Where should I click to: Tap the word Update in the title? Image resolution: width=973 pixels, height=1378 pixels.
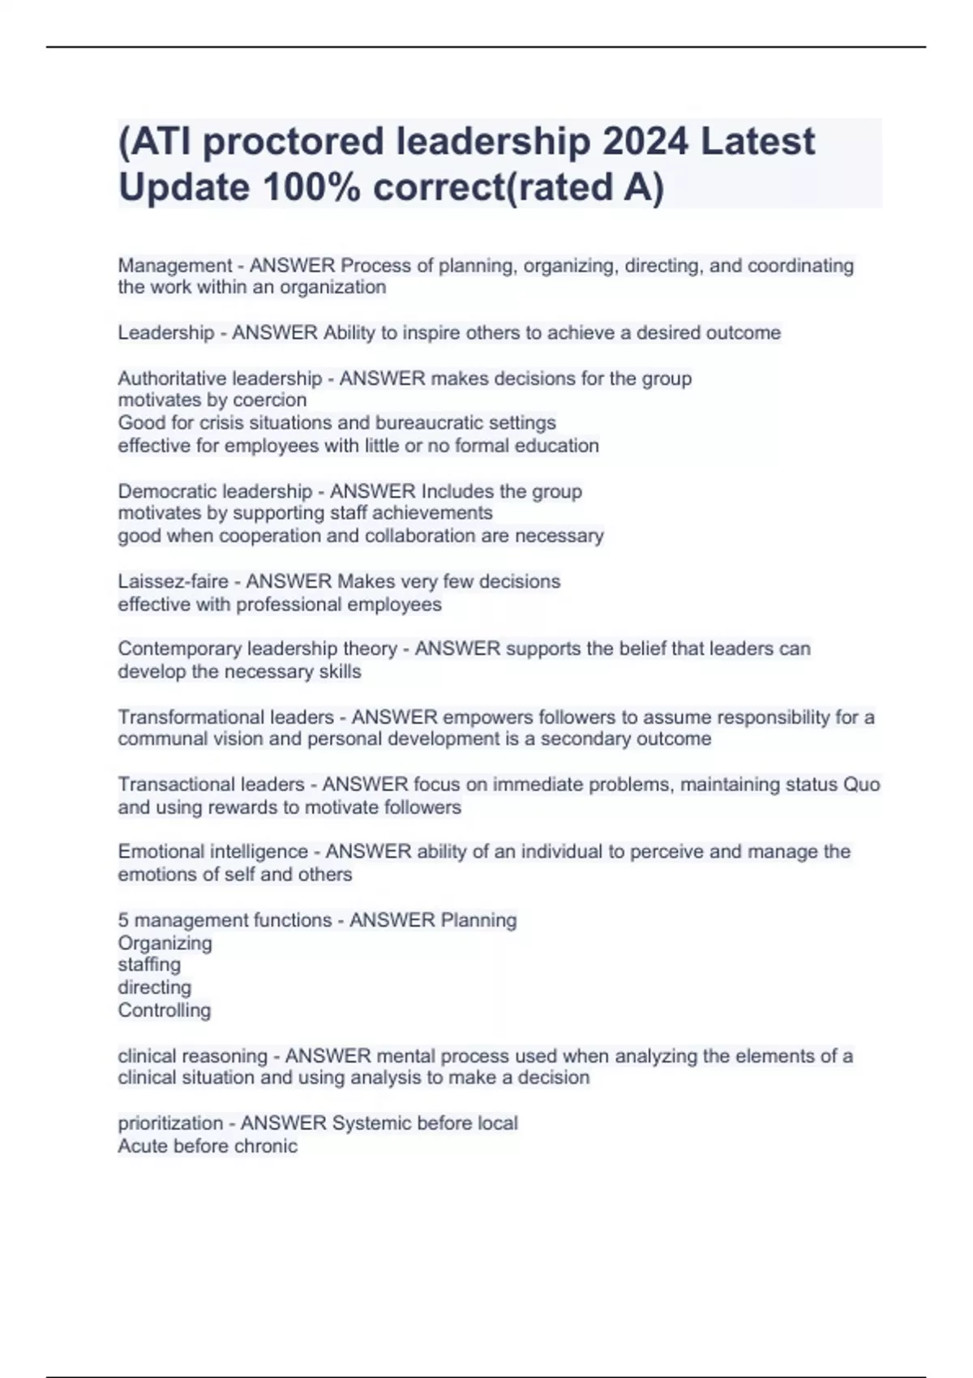(184, 187)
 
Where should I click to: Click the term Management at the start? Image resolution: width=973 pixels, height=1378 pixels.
(175, 266)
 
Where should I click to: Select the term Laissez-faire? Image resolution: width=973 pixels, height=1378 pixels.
(173, 582)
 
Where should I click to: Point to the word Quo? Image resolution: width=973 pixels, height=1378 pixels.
(861, 785)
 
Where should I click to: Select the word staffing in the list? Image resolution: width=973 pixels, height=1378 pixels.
(149, 965)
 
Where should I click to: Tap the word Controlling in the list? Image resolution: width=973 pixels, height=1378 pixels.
(164, 1011)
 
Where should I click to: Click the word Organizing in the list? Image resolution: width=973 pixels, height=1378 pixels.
(165, 944)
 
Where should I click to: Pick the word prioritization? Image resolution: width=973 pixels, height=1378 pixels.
(170, 1123)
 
